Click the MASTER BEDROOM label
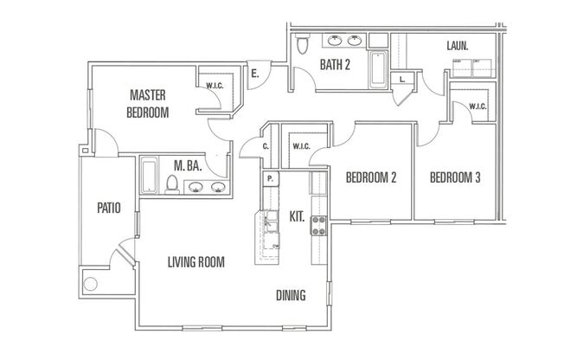149,103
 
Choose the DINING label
290,295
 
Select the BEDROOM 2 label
370,178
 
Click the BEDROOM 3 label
455,178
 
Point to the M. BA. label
188,166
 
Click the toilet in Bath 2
302,45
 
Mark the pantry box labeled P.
271,179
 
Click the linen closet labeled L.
403,79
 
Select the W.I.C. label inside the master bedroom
215,85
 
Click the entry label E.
254,75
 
